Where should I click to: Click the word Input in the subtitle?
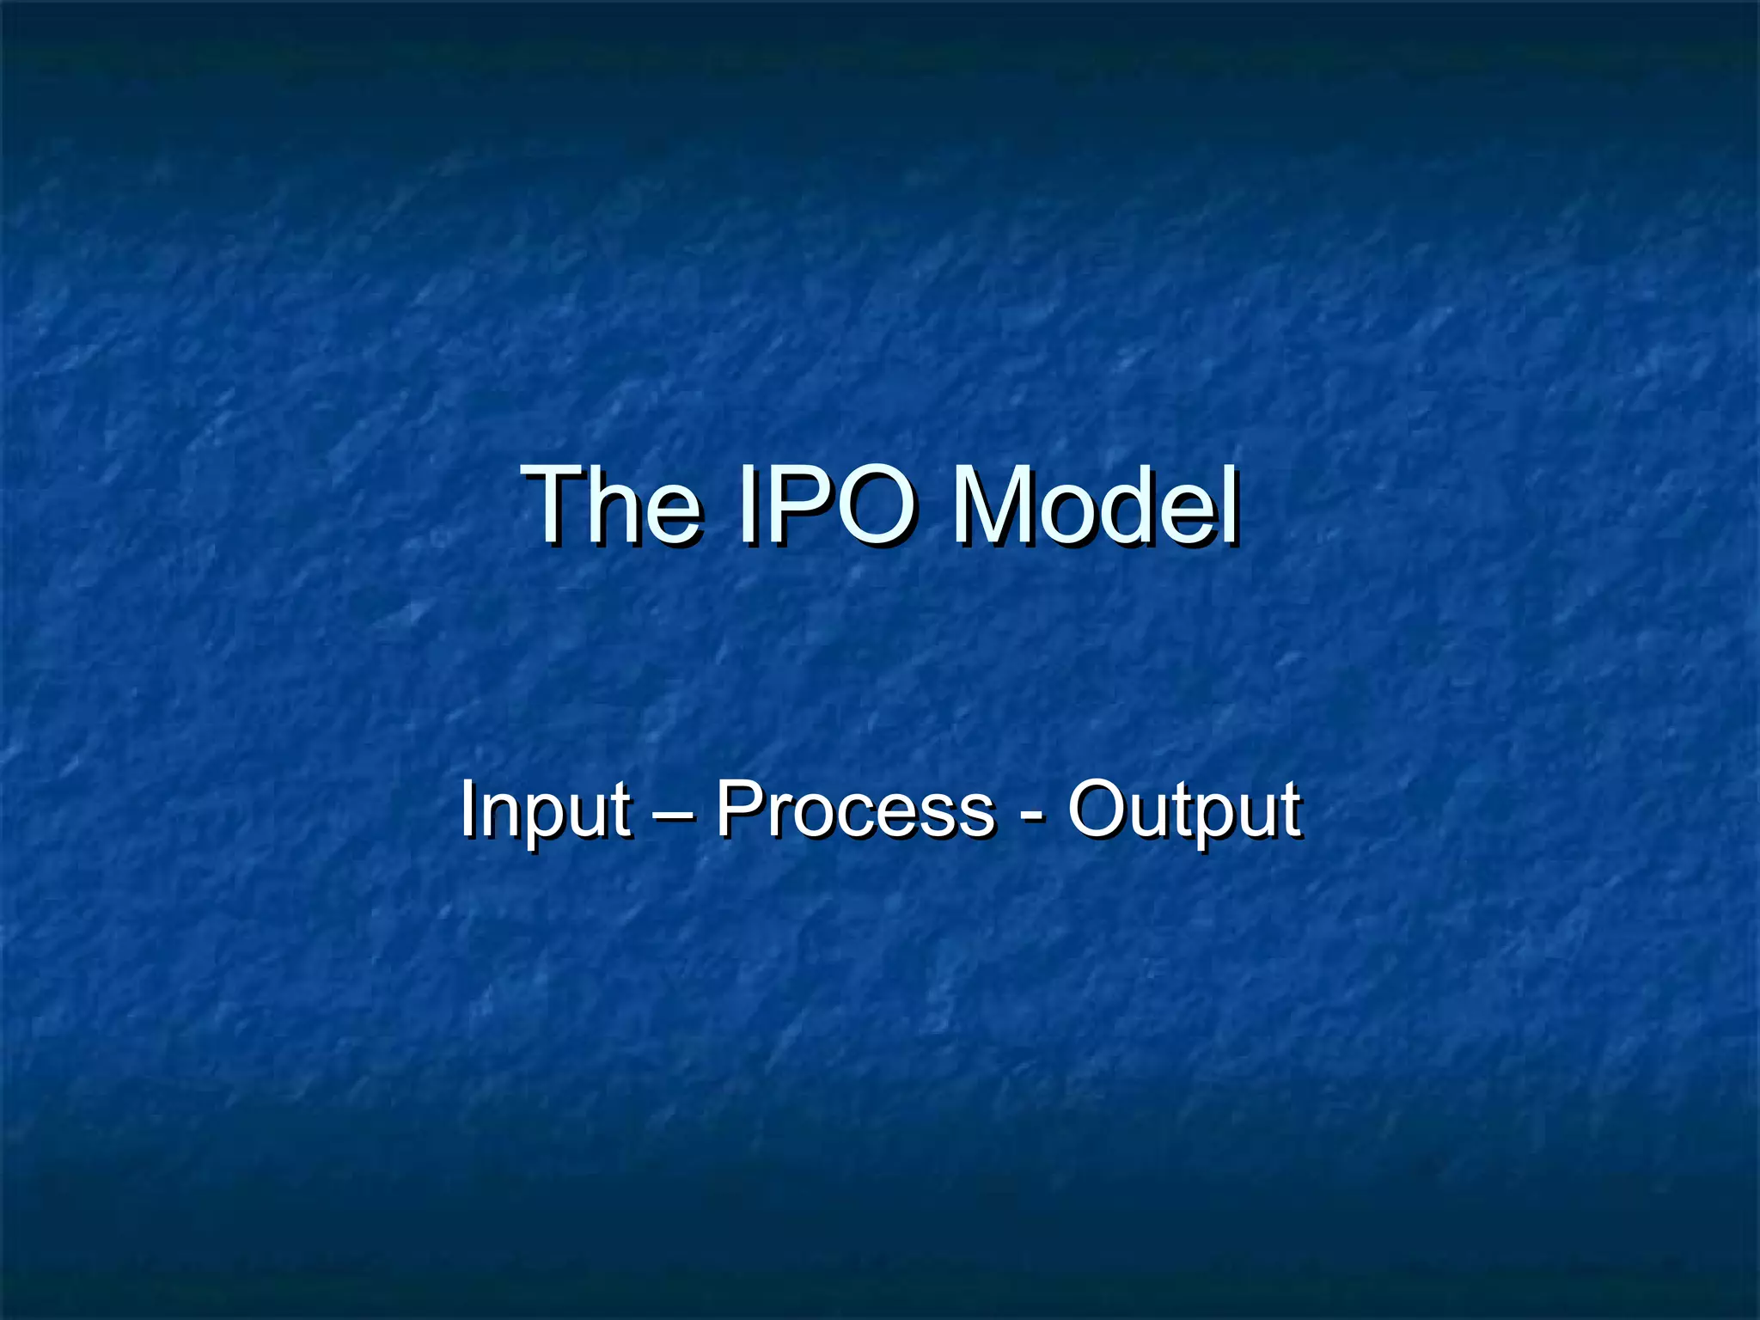545,810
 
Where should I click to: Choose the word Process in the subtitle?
855,810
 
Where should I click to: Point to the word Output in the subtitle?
1184,810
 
